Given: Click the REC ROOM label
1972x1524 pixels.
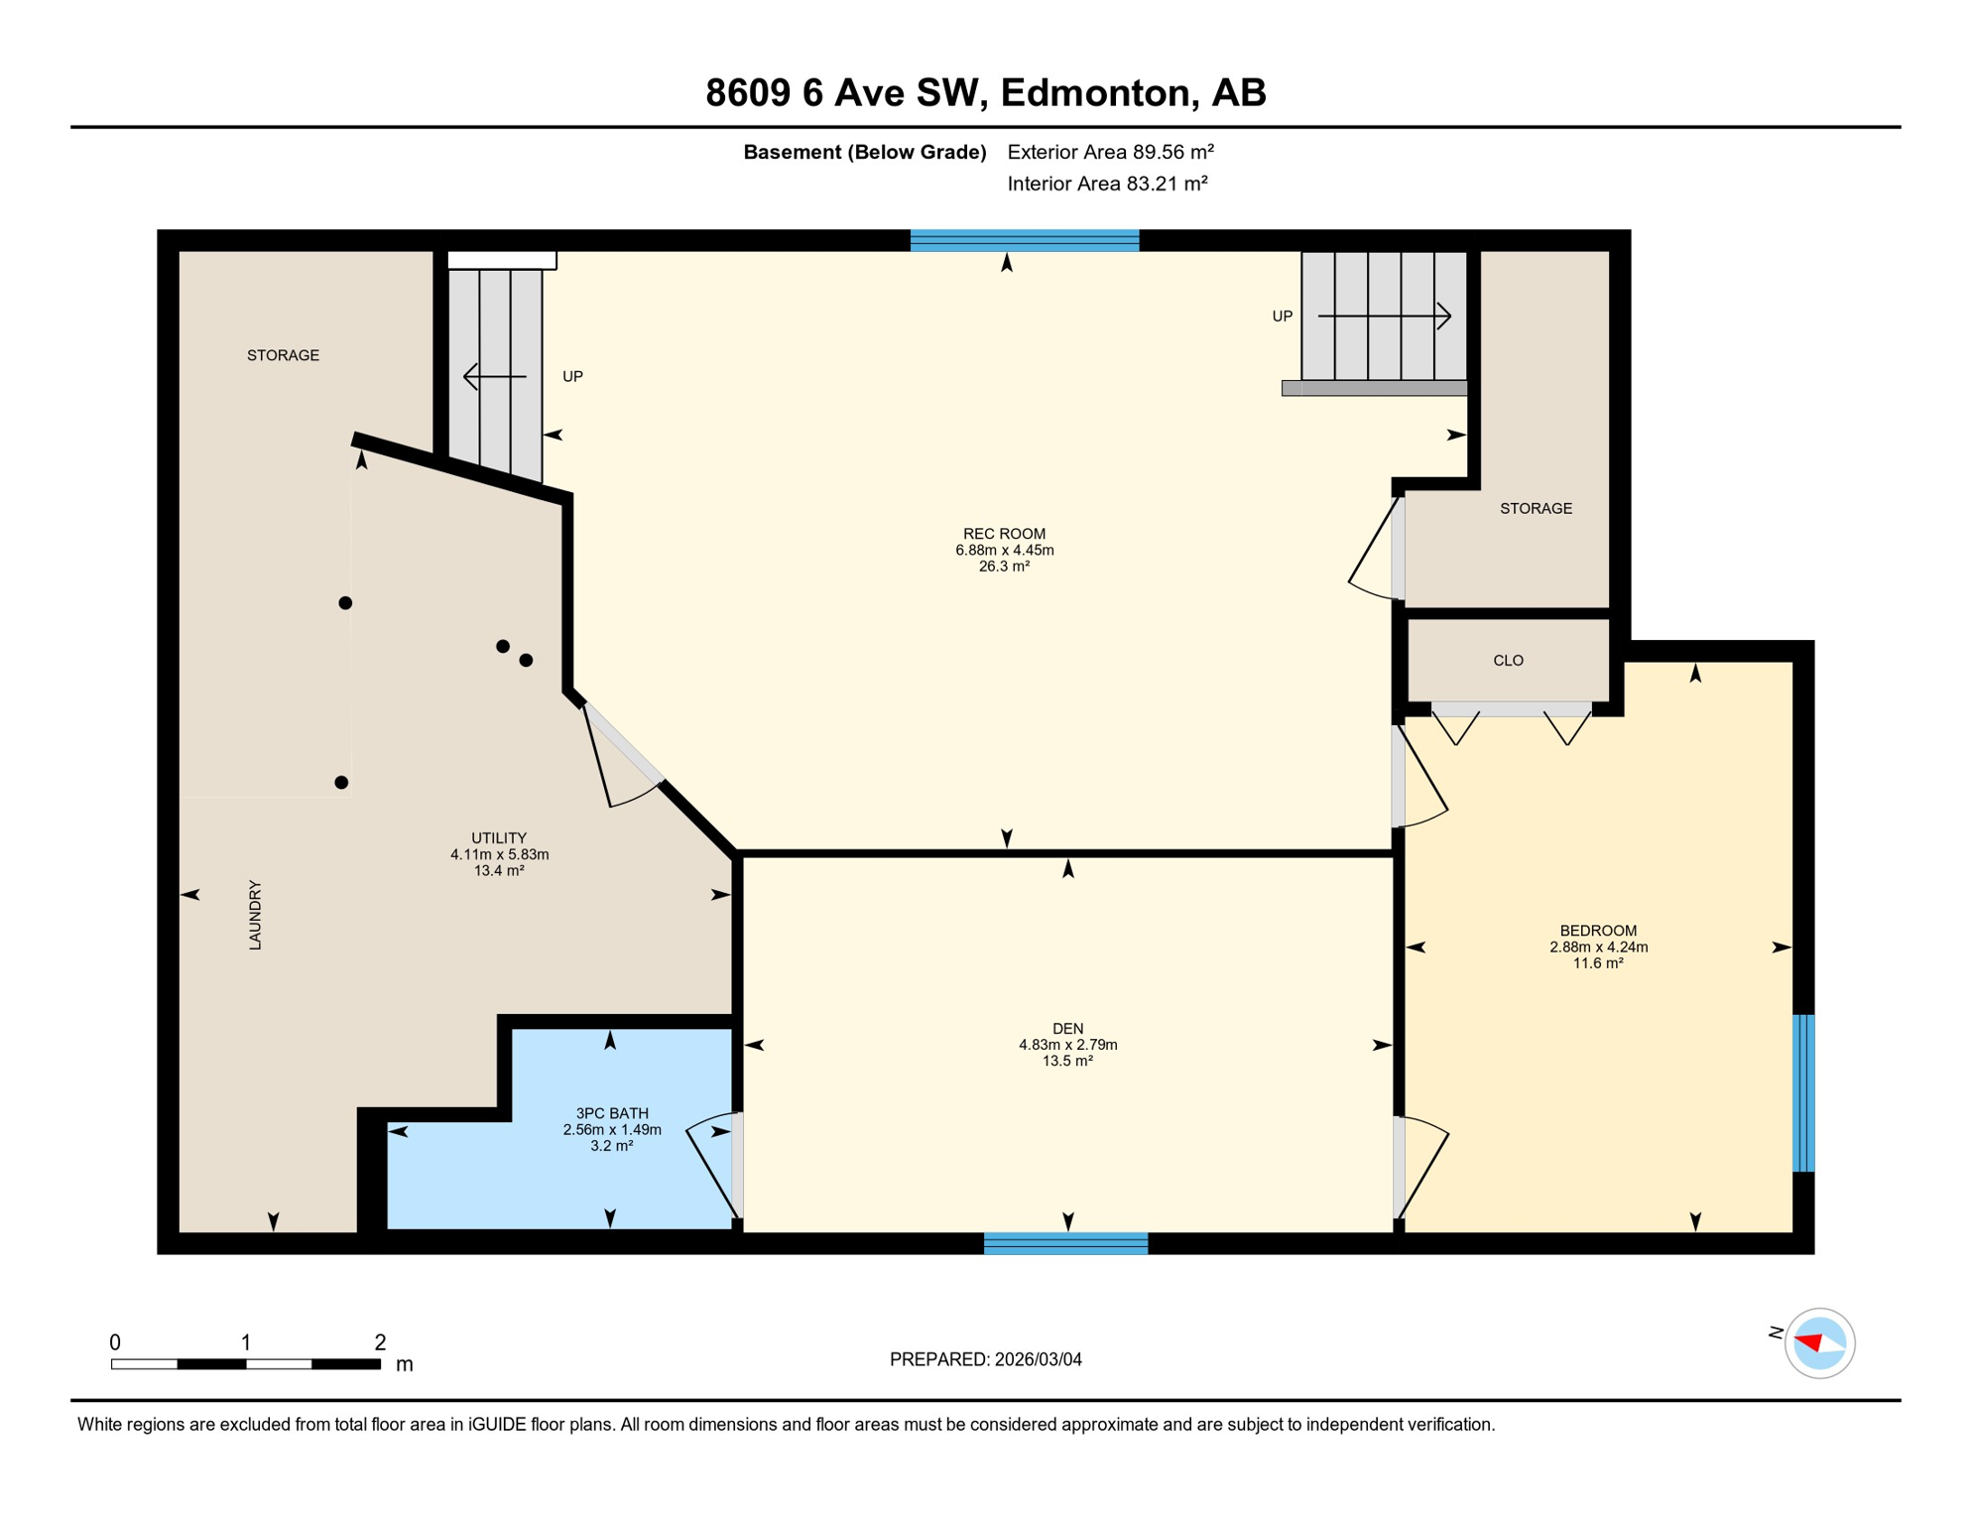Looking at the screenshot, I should point(1004,534).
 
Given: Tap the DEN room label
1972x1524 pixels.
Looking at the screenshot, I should point(1067,1029).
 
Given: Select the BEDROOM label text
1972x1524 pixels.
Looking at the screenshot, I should point(1598,931).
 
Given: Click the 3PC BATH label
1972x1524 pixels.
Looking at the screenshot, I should point(611,1113).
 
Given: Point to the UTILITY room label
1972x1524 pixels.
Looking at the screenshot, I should point(499,838).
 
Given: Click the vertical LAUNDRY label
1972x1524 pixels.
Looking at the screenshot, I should point(255,915).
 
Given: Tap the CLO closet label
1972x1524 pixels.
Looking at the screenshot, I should point(1508,661).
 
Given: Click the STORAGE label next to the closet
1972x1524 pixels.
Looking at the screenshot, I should point(1536,509).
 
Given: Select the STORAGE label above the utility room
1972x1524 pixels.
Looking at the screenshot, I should point(283,355).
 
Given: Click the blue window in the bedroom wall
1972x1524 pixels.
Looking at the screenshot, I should point(1803,1093).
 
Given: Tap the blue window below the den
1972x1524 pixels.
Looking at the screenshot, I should point(1065,1243).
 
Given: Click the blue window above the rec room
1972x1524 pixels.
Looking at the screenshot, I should point(1025,240).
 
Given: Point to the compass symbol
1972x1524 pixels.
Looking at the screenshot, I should point(1818,1343).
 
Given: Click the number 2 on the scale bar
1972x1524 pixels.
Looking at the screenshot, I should point(380,1342).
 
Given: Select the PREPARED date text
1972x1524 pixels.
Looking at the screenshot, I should point(985,1360).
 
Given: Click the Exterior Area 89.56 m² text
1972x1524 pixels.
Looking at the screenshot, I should point(1110,152).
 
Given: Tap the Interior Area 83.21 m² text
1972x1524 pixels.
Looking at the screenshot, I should point(1107,184).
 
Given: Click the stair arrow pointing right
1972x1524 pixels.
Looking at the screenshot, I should point(1385,317).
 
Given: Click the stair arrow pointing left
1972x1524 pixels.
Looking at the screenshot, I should point(495,377).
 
